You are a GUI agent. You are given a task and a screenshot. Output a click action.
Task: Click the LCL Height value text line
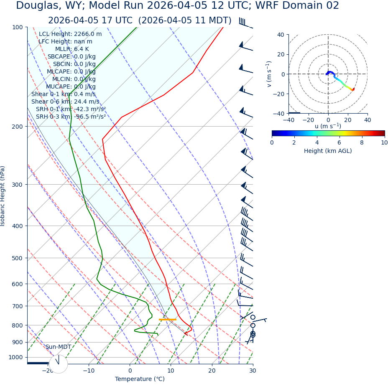(x=70, y=34)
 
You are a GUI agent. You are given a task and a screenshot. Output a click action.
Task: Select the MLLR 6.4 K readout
(x=72, y=49)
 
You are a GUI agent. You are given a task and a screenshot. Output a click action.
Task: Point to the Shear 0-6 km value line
(x=65, y=102)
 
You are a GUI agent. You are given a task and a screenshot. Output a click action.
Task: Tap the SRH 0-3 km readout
(x=71, y=117)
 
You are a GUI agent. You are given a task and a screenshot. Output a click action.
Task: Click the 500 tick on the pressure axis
(x=17, y=258)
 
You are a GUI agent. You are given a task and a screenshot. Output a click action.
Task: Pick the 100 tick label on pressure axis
(x=17, y=27)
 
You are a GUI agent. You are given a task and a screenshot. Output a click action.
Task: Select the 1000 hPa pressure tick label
(x=15, y=357)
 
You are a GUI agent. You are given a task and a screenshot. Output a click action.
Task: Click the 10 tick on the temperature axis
(x=171, y=371)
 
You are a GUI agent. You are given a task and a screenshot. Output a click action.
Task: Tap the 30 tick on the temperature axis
(x=253, y=371)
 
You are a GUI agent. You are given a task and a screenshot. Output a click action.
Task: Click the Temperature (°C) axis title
(x=140, y=379)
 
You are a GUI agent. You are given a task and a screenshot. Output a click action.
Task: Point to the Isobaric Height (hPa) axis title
(x=3, y=196)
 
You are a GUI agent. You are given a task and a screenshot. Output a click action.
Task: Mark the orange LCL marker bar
(x=167, y=320)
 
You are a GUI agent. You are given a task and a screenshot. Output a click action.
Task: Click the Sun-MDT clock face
(x=58, y=364)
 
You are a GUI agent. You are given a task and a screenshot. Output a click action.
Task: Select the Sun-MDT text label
(x=58, y=347)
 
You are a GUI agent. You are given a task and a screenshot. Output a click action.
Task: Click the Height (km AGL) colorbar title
(x=328, y=151)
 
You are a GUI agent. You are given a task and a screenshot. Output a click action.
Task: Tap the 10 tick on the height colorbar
(x=384, y=142)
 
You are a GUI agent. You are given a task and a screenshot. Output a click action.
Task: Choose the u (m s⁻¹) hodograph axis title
(x=328, y=126)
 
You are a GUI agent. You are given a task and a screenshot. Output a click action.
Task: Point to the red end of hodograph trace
(x=353, y=89)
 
